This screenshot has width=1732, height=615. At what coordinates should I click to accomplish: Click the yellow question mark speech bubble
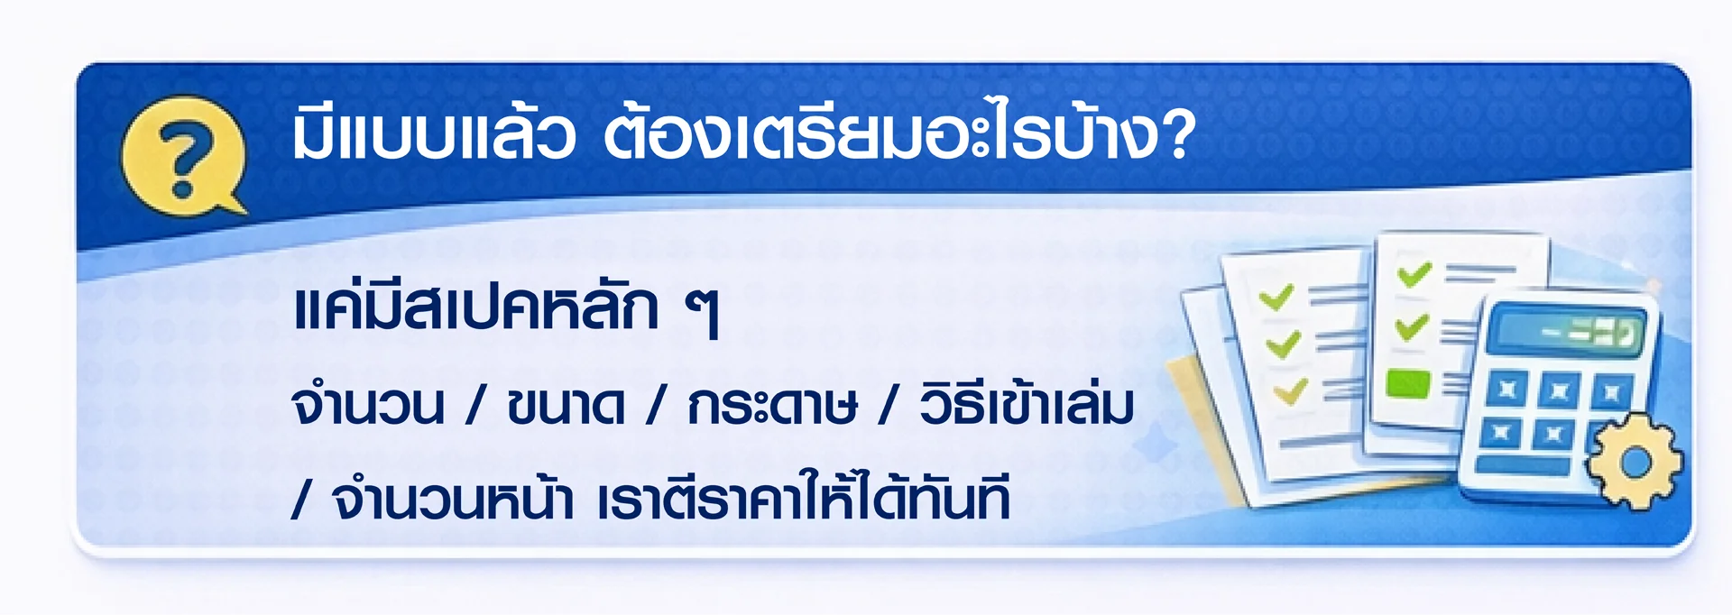click(184, 155)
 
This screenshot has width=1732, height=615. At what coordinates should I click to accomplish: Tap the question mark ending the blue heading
click(1178, 135)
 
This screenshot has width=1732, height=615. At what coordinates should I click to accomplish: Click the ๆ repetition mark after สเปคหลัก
click(703, 312)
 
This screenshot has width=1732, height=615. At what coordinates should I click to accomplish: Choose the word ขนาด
click(566, 405)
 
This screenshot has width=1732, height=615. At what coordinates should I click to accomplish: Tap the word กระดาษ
click(772, 405)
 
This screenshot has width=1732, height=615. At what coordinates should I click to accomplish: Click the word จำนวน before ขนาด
click(368, 406)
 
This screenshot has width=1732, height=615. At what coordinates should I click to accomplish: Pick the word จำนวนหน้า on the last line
click(453, 499)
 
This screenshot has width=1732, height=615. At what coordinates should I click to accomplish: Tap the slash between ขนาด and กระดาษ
click(656, 405)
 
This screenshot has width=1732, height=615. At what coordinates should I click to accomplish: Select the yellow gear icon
click(1635, 463)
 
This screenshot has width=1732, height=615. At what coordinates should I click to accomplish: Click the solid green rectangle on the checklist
click(1407, 383)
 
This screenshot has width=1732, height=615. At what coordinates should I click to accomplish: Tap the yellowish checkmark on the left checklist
click(1291, 391)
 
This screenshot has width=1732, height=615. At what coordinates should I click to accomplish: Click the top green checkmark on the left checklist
click(1276, 298)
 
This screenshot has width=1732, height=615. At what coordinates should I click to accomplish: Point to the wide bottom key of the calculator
click(1522, 466)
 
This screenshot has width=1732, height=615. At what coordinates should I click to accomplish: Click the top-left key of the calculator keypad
click(1505, 390)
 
